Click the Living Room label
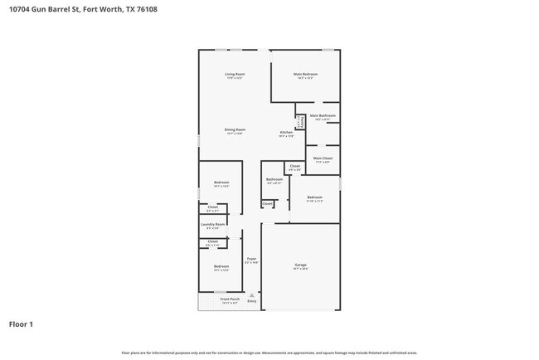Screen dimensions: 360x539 click(x=235, y=75)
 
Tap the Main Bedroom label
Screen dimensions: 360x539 click(x=305, y=75)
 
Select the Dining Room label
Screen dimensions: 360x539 click(x=235, y=129)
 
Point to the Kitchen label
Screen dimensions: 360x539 click(x=286, y=133)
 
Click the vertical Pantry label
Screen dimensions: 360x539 click(x=299, y=121)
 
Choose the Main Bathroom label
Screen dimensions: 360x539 click(x=323, y=115)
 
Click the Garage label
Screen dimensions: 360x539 click(x=299, y=265)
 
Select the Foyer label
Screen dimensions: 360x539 click(x=252, y=260)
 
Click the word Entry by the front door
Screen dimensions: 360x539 click(x=251, y=301)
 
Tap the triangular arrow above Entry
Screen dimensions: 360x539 click(x=251, y=294)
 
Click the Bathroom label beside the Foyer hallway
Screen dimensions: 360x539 click(x=274, y=179)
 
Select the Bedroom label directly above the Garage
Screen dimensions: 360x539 click(x=314, y=197)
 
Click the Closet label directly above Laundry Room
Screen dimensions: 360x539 click(x=212, y=207)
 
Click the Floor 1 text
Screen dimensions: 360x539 click(x=22, y=324)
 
